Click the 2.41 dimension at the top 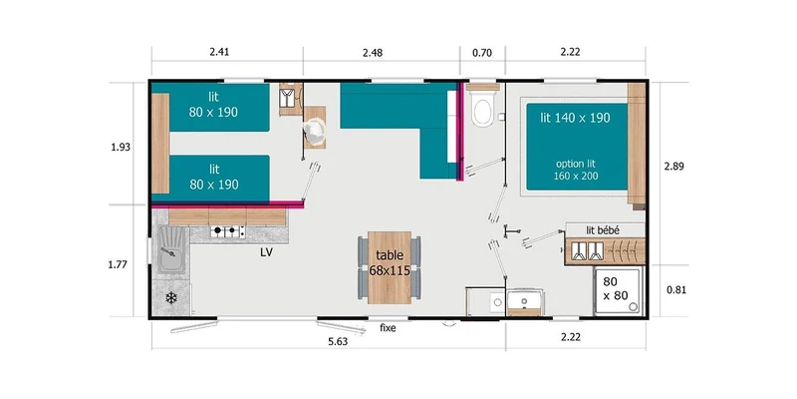[x=219, y=52]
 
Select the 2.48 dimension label [x=373, y=52]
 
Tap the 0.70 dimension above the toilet [x=482, y=52]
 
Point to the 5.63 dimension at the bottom [x=337, y=342]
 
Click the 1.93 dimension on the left [x=121, y=148]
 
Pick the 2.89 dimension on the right [x=674, y=166]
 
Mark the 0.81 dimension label [x=676, y=290]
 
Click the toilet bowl [x=481, y=112]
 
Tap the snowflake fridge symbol [x=171, y=298]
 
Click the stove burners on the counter [x=228, y=232]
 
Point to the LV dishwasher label [x=266, y=252]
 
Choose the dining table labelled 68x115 [x=390, y=267]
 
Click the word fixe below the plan [x=388, y=328]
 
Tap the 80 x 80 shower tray [x=618, y=291]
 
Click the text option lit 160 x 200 [x=577, y=170]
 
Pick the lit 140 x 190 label [x=576, y=118]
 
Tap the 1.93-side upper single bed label [x=213, y=106]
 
